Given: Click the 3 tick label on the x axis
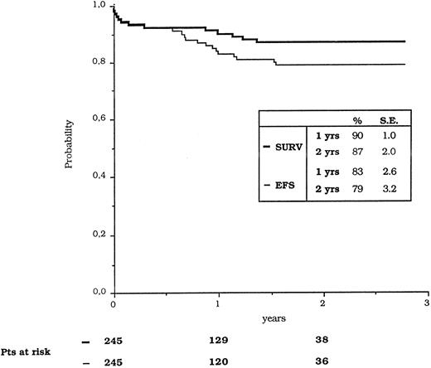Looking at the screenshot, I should pyautogui.click(x=428, y=303).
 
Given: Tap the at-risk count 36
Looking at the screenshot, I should pyautogui.click(x=322, y=359).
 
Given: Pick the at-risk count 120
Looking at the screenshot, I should pyautogui.click(x=218, y=359).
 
